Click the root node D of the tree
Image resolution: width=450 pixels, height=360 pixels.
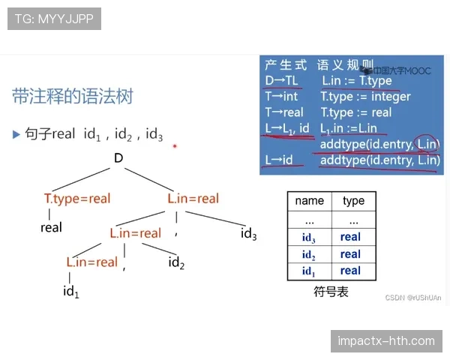pyautogui.click(x=118, y=157)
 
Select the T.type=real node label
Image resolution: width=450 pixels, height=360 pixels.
pyautogui.click(x=77, y=199)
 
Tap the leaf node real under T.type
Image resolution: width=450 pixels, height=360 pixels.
pyautogui.click(x=51, y=227)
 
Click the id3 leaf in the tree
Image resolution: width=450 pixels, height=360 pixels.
pyautogui.click(x=249, y=235)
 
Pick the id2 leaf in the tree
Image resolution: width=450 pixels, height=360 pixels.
pyautogui.click(x=176, y=262)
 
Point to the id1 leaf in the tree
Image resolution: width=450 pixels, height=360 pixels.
pyautogui.click(x=71, y=291)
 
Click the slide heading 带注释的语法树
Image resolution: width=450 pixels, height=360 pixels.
pyautogui.click(x=73, y=96)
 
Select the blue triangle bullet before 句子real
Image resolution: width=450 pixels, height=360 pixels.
pyautogui.click(x=16, y=134)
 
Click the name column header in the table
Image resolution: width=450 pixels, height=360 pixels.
pyautogui.click(x=309, y=201)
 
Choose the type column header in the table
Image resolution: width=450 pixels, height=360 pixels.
pyautogui.click(x=352, y=201)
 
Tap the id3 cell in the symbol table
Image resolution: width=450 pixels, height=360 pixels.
pyautogui.click(x=309, y=237)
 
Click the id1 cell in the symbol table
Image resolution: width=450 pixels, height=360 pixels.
pyautogui.click(x=309, y=271)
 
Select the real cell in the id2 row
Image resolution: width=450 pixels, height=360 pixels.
pyautogui.click(x=350, y=254)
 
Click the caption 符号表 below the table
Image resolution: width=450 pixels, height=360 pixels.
pyautogui.click(x=331, y=292)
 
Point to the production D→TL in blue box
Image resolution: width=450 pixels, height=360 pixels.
pyautogui.click(x=280, y=80)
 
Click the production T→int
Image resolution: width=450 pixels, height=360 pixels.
pyautogui.click(x=281, y=97)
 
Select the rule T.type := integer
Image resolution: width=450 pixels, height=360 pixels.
pyautogui.click(x=365, y=97)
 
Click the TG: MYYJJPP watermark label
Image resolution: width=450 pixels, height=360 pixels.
pyautogui.click(x=54, y=19)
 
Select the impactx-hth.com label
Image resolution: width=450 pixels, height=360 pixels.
pyautogui.click(x=386, y=341)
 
